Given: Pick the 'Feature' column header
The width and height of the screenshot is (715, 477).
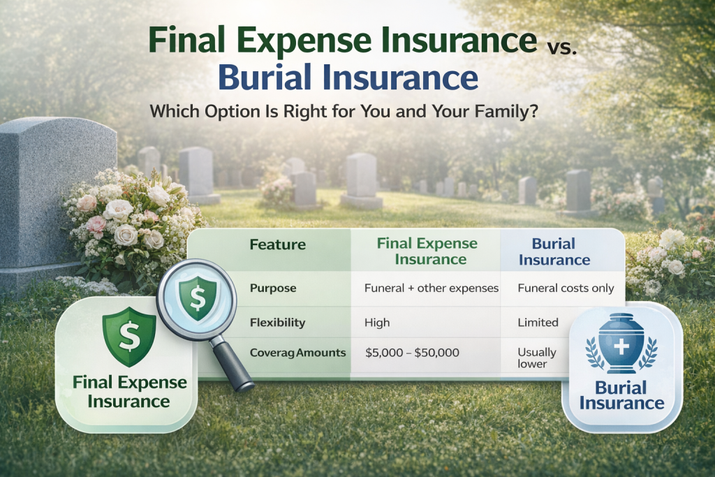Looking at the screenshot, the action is (x=278, y=244).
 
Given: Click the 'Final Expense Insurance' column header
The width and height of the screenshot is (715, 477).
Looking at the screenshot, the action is (x=427, y=251).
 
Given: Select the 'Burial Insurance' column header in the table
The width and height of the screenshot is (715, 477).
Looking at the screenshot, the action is (x=554, y=251).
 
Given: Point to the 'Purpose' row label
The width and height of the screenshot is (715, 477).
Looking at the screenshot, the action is (x=273, y=288).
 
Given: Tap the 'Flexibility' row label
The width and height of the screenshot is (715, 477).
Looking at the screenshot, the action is (x=277, y=323).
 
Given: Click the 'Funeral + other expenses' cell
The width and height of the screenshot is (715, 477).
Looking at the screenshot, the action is (x=432, y=288).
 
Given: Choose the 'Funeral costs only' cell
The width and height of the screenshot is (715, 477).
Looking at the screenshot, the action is (x=566, y=288).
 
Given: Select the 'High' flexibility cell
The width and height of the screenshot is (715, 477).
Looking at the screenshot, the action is (x=377, y=323).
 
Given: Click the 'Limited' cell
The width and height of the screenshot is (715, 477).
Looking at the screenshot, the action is (x=538, y=323).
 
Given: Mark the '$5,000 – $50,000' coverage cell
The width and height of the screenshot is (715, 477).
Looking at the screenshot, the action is (x=412, y=353).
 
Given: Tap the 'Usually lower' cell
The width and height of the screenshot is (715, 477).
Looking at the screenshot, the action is (x=537, y=358).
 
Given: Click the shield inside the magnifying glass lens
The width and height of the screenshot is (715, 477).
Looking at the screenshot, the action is (x=198, y=295).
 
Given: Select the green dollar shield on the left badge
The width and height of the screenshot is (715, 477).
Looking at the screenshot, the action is (x=129, y=337).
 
